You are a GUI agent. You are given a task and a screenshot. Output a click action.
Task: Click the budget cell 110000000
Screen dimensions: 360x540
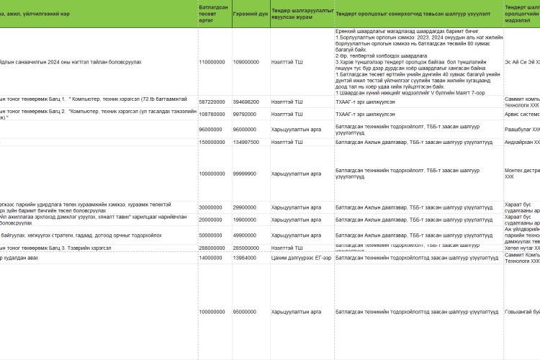(x=214, y=62)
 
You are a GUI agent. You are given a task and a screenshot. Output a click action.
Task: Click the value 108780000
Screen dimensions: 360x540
(x=214, y=114)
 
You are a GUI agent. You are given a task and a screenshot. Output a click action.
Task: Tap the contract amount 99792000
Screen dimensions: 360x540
(x=247, y=114)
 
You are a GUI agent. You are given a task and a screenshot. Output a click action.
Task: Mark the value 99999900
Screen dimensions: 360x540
(x=247, y=174)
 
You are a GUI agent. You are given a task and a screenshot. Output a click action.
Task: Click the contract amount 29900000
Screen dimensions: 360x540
(x=247, y=207)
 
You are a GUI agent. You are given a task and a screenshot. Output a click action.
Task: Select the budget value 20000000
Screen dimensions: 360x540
(x=212, y=220)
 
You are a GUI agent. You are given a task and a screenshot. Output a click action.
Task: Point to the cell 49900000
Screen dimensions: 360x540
(x=247, y=235)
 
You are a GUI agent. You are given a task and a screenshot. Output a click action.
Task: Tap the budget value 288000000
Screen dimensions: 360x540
(x=214, y=247)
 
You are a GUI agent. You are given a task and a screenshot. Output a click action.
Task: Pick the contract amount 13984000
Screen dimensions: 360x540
(x=247, y=257)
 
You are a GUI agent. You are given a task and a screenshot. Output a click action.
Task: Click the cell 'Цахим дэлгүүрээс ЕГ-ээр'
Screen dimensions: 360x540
(x=301, y=257)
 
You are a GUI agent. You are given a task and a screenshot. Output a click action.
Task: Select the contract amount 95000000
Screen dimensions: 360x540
(x=247, y=312)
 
